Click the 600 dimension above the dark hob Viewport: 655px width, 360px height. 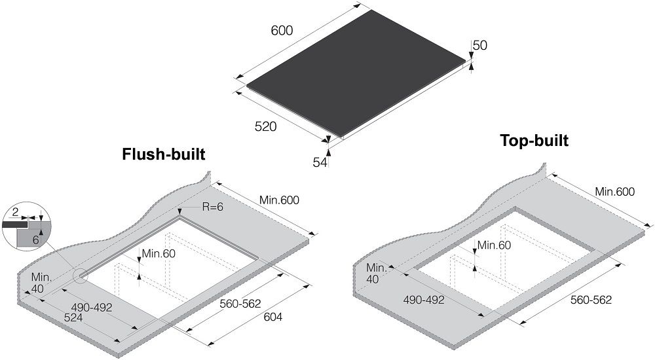282,31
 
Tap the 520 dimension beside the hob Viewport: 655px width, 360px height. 266,126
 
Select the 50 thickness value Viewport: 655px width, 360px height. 480,45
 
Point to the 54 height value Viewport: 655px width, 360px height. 320,162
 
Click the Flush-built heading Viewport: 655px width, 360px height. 164,154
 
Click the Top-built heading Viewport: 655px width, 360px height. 534,141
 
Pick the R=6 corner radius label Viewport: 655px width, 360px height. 213,206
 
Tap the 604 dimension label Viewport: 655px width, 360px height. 272,317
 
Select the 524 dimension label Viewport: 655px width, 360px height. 73,317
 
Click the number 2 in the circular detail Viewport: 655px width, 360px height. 15,213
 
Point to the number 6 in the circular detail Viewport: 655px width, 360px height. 35,240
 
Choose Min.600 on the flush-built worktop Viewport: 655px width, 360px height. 279,200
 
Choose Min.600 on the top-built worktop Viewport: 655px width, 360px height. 615,192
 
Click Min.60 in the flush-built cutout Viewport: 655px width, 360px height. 159,253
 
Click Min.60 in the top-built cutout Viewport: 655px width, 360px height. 494,245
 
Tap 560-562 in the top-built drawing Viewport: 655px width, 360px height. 591,299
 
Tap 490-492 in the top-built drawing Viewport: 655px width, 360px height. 424,299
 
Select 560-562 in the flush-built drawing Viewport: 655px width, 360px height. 240,304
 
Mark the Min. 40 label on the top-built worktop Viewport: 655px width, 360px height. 376,274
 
